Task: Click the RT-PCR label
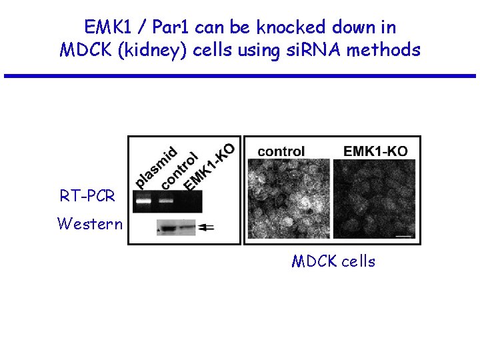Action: click(87, 196)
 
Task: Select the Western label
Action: click(90, 223)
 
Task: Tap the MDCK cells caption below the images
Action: click(333, 261)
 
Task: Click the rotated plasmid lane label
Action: click(155, 166)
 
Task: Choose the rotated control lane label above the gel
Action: click(179, 171)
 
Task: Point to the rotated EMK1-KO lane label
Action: click(208, 167)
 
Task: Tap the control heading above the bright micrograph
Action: click(281, 151)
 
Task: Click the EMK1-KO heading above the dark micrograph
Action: click(375, 151)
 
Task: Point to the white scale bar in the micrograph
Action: click(405, 234)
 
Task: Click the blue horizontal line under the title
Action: click(239, 76)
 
